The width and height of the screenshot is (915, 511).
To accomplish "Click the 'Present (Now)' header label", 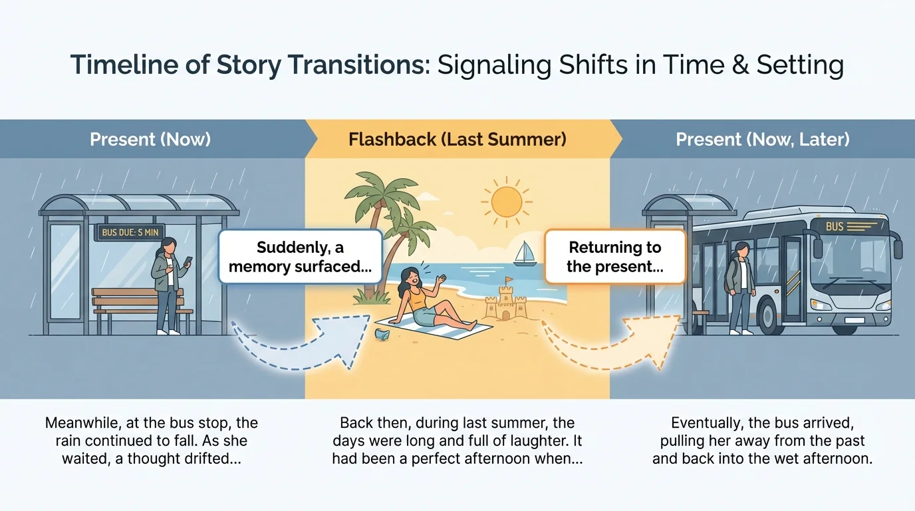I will pos(150,140).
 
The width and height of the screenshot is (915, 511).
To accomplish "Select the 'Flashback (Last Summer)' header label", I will pos(457,140).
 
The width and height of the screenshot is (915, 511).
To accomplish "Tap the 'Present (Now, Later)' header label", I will pos(763,140).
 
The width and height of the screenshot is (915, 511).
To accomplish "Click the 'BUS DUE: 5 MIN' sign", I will pos(130,233).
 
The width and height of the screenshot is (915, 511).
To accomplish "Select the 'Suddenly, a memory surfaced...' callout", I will pos(301,257).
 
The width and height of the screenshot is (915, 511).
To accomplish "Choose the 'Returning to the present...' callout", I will pos(615,257).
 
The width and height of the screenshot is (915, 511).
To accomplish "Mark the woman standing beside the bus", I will pos(740,286).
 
